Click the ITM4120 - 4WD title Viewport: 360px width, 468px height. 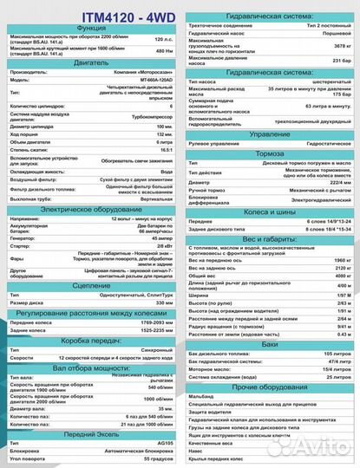click(88, 13)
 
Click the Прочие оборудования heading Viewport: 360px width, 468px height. click(269, 385)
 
